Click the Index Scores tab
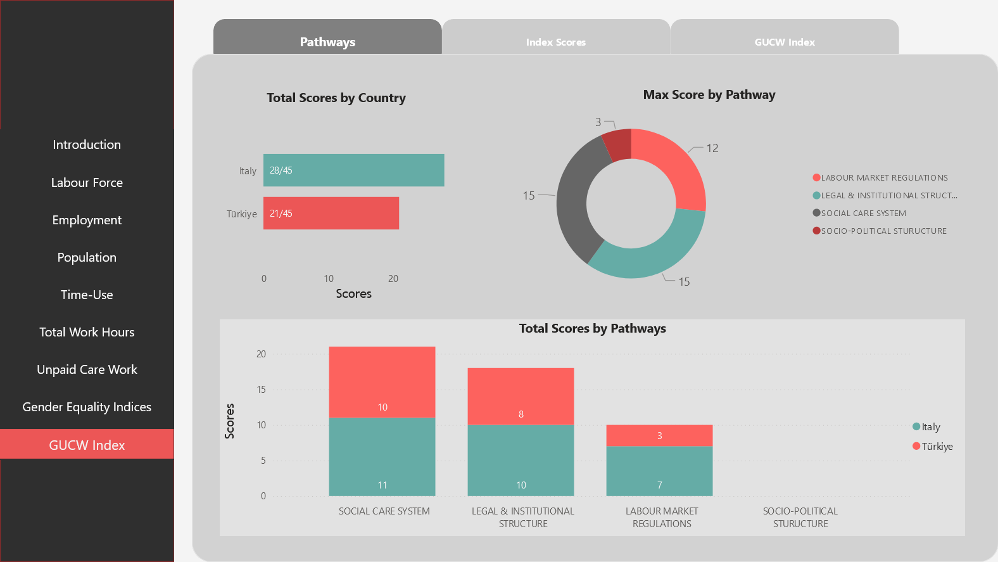[555, 42]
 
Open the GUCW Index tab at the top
[784, 42]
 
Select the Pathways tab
[327, 42]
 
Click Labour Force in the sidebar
[87, 182]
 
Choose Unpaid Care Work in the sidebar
[87, 369]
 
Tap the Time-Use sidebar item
[87, 295]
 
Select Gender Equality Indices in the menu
[87, 407]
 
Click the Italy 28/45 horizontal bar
[353, 170]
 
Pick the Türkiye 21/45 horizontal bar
[331, 214]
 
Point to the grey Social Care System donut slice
[577, 196]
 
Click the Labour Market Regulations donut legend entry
[884, 178]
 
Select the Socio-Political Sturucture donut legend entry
[883, 231]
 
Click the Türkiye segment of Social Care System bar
[382, 382]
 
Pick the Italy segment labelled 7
[659, 471]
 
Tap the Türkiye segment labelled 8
[521, 396]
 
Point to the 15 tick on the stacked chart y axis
[261, 390]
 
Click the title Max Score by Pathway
[709, 95]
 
